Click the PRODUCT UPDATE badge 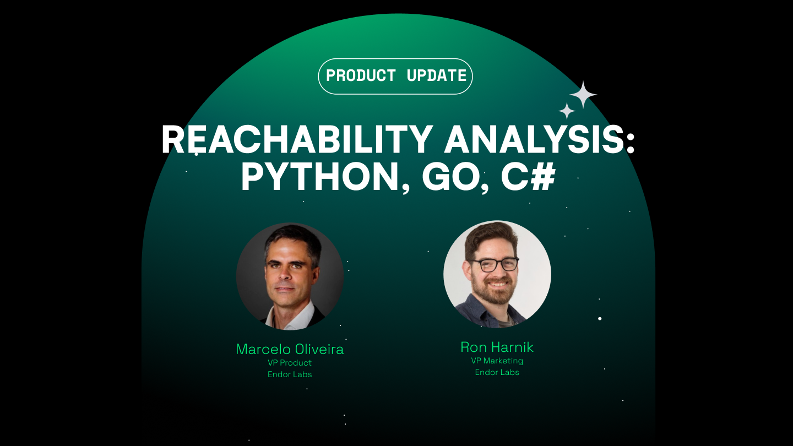(395, 76)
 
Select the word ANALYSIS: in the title (540, 141)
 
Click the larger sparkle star (583, 95)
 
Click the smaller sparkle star (567, 111)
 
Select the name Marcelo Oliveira (290, 349)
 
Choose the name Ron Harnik (497, 347)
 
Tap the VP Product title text (290, 363)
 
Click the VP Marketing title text (497, 361)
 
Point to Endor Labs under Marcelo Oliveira (290, 374)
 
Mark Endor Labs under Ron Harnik (497, 373)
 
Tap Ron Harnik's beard (497, 292)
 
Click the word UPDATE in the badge (436, 76)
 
